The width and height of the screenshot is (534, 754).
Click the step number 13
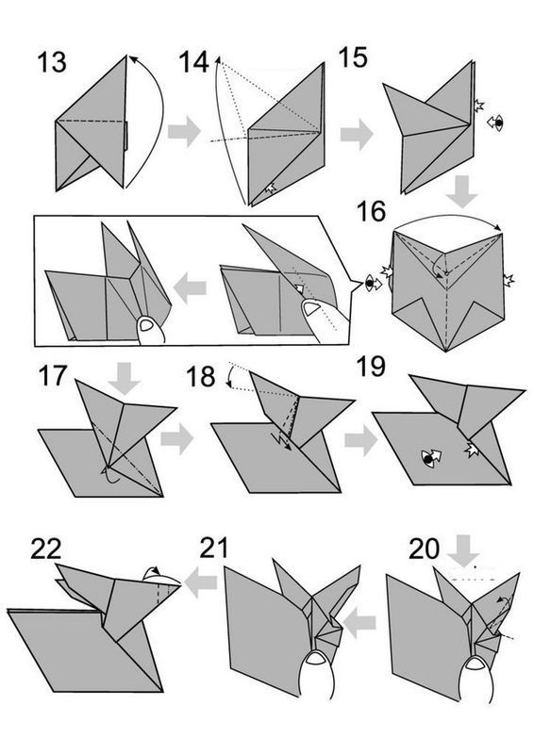[52, 62]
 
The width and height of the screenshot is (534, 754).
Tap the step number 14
[193, 62]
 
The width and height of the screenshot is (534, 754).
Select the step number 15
[353, 57]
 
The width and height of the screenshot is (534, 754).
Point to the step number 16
[371, 211]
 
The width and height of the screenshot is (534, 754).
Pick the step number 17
[52, 375]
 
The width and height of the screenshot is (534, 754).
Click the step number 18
[200, 376]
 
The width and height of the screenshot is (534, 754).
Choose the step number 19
[371, 367]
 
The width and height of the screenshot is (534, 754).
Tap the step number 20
[425, 549]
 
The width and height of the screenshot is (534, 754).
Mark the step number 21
[214, 548]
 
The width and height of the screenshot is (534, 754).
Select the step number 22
[46, 549]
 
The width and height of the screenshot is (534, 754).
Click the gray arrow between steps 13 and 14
[184, 131]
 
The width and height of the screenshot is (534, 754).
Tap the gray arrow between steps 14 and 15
[357, 134]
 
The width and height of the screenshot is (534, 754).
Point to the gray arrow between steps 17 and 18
[176, 438]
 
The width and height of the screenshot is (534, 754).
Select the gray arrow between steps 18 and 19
[361, 440]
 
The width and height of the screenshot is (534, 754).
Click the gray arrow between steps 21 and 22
[200, 582]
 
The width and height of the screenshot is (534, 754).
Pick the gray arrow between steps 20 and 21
[359, 623]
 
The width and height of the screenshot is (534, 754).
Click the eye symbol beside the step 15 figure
[496, 123]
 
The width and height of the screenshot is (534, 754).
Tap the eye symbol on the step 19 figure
[431, 458]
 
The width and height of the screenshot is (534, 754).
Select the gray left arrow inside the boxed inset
[190, 288]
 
